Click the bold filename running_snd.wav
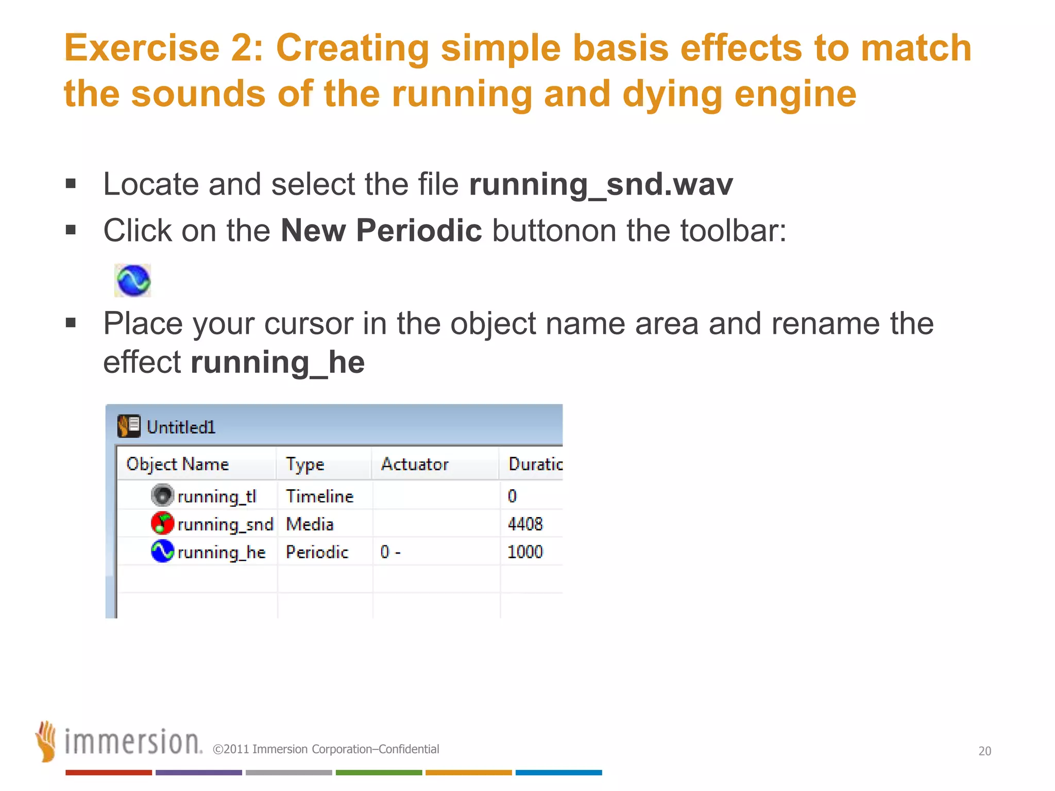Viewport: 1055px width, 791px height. coord(601,184)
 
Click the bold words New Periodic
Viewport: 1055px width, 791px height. coord(381,230)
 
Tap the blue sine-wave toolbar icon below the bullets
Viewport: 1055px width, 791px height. coord(133,281)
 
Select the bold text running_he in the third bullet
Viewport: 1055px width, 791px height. coord(278,362)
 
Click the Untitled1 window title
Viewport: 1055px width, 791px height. coord(181,427)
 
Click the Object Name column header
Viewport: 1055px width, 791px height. coord(178,464)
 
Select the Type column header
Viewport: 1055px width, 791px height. coord(305,464)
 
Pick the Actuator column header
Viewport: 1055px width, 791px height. coord(415,464)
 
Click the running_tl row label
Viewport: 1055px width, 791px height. coord(216,496)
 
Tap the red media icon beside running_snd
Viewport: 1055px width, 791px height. coord(162,523)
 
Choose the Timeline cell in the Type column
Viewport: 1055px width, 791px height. coord(319,496)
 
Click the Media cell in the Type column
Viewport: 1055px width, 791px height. coord(310,524)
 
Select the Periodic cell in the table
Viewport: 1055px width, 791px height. coord(317,552)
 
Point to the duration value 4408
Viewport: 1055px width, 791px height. coord(525,524)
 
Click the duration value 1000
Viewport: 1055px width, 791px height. coord(525,552)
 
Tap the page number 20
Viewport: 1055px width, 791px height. coord(984,751)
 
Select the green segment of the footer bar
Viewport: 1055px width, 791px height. coord(379,772)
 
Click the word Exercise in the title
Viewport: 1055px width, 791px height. coord(142,47)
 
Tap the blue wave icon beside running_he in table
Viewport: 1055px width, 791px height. coord(162,551)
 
